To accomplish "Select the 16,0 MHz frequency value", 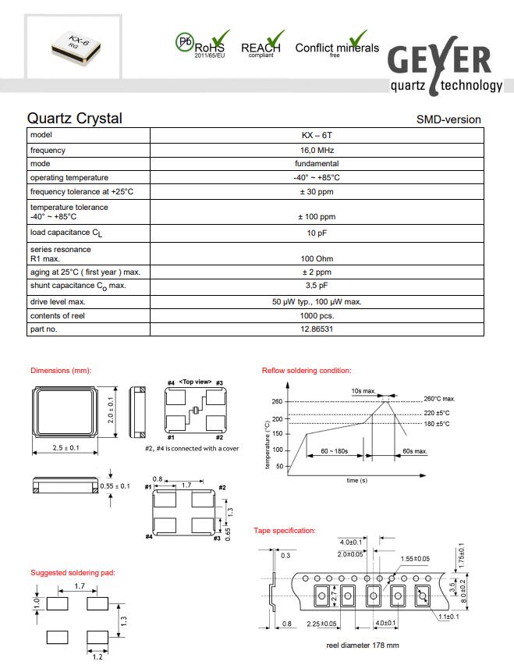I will point(316,150).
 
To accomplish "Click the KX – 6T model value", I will point(316,136).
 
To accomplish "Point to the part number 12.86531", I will point(316,329).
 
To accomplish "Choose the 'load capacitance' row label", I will point(66,233).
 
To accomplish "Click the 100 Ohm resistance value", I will point(316,258).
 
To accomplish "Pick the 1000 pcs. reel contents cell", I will point(316,315).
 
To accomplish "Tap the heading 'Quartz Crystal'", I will point(75,119).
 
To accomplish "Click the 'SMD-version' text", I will point(448,119).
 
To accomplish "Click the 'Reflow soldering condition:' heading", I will point(307,370).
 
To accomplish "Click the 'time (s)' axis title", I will point(357,480).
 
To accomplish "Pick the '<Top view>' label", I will point(195,381).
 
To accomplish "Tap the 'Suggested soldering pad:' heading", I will point(73,572).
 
